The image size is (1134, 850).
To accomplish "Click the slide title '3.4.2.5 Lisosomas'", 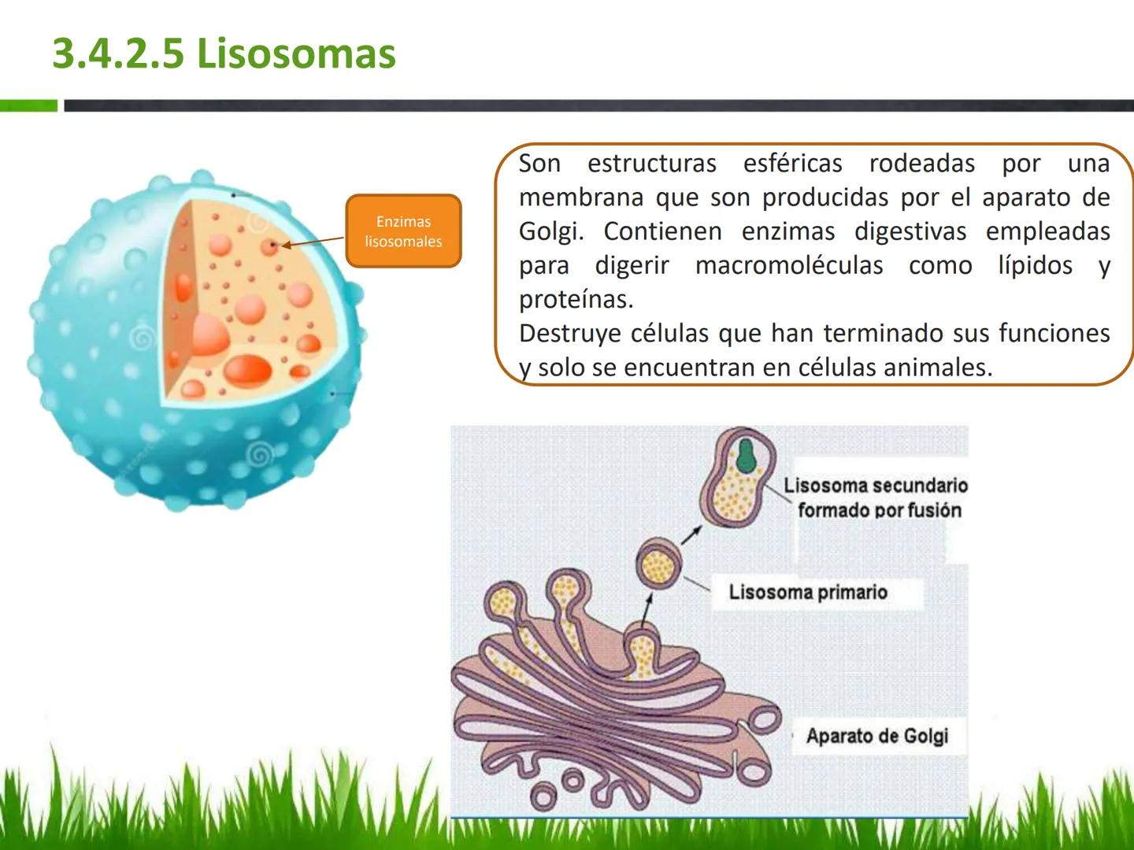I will (x=224, y=54).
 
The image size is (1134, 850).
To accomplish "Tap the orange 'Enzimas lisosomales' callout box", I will (x=403, y=231).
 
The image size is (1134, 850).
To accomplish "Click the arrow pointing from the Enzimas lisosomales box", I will (x=313, y=242).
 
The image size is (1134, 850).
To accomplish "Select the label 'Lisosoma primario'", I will (x=808, y=592).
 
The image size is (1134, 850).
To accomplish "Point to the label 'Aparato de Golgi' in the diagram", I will (x=876, y=736).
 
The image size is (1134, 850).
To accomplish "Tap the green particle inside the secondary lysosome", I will (x=746, y=454).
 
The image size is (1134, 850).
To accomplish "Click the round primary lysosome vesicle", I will (x=659, y=563).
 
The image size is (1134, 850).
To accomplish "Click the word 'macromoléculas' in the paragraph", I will (x=788, y=265).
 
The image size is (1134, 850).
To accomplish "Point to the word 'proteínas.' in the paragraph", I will (x=576, y=299).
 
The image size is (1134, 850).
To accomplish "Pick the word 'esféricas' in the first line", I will (x=792, y=163).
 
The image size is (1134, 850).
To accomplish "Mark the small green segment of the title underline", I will (x=28, y=105).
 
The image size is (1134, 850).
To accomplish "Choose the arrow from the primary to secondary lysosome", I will (x=691, y=534).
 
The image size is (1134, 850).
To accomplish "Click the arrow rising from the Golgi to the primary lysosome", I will (x=647, y=608).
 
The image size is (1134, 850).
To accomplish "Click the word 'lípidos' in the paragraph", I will (x=1035, y=265).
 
